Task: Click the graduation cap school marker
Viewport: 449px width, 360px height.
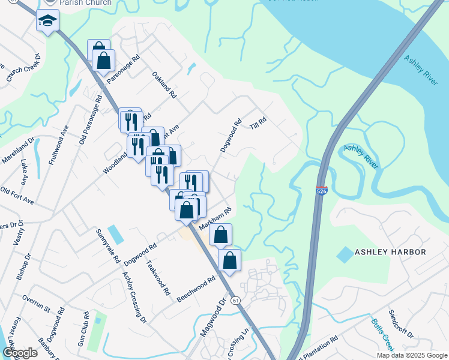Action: point(46,22)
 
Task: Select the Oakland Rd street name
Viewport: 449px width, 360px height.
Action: point(164,85)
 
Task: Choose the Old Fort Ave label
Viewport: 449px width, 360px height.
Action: point(16,196)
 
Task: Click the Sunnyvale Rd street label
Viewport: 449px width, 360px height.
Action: point(108,245)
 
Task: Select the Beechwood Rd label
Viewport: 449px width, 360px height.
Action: point(196,289)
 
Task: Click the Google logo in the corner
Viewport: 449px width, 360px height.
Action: point(20,352)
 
